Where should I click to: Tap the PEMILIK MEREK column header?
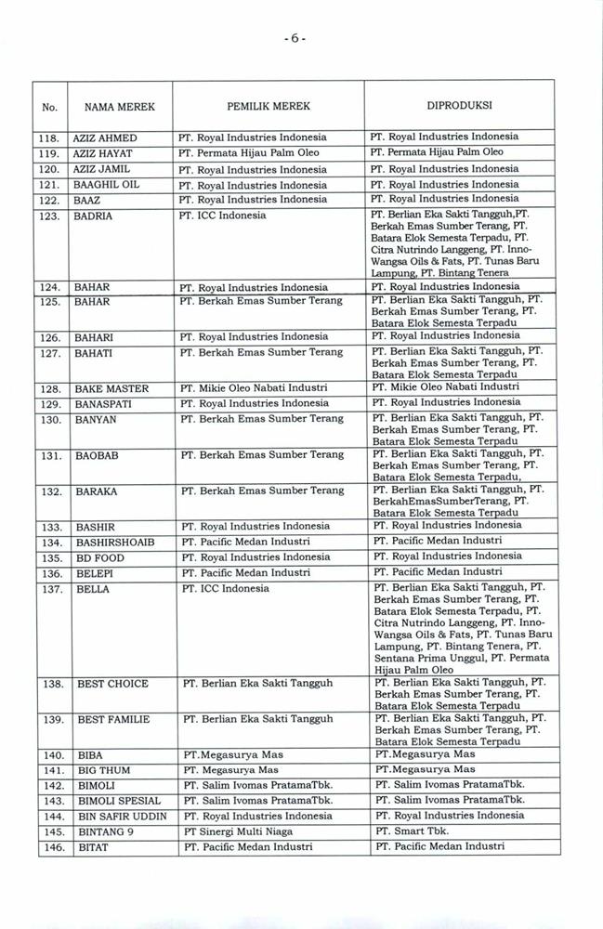coord(268,107)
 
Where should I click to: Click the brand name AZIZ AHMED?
coord(104,137)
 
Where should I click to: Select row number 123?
coord(51,216)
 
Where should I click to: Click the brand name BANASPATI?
coord(104,403)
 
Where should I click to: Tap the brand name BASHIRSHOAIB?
coord(115,542)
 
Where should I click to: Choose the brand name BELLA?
coord(93,589)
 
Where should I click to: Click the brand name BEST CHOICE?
coord(112,684)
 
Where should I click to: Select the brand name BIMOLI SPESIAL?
coord(119,801)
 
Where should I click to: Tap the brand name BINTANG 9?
coord(104,831)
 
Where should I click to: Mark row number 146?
coord(52,847)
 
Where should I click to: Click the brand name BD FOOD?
coord(100,557)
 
